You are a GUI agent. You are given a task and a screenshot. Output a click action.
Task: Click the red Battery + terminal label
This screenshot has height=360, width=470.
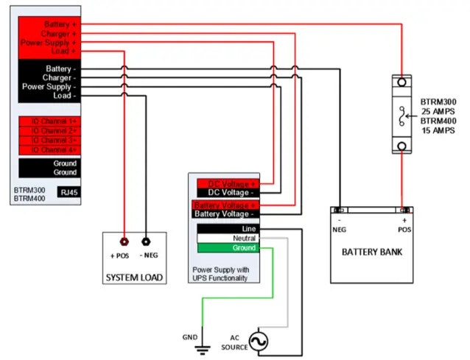(x=56, y=24)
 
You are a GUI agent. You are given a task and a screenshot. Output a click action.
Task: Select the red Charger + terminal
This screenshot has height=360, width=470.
(x=56, y=34)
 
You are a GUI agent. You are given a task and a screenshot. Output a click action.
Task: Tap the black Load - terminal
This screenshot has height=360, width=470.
(x=56, y=96)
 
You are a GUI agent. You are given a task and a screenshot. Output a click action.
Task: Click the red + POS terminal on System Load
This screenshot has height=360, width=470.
(x=124, y=241)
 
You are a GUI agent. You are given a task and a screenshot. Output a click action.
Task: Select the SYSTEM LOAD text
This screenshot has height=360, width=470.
(x=134, y=278)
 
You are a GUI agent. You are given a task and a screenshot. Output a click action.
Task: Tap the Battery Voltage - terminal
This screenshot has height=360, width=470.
(x=225, y=213)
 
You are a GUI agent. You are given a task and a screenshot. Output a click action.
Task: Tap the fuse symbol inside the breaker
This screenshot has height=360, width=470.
(x=402, y=115)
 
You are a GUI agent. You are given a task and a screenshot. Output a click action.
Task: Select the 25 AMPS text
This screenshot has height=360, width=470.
(x=440, y=110)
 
